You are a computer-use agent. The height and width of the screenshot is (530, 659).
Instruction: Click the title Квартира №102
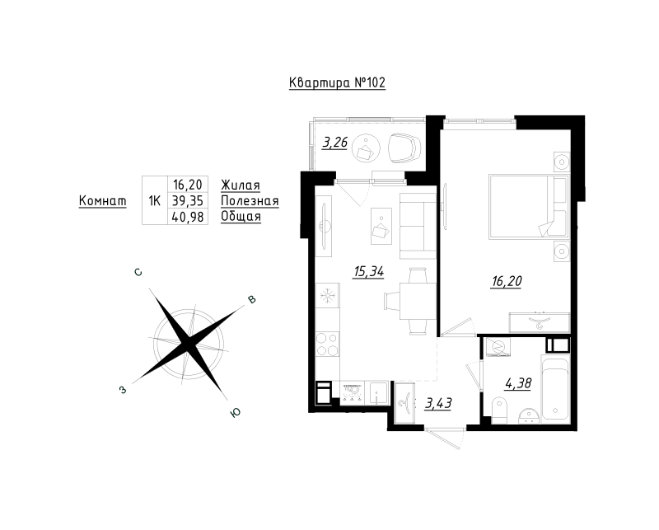point(337,83)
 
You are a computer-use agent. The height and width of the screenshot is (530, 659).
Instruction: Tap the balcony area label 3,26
point(334,143)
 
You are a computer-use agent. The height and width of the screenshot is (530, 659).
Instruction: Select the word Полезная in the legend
point(250,200)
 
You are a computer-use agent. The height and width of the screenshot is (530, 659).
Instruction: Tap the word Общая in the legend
point(241,217)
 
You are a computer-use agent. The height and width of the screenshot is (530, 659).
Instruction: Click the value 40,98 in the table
point(189,217)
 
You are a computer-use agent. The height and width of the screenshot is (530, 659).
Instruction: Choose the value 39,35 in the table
point(189,200)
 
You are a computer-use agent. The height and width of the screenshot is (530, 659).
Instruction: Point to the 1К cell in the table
point(153,200)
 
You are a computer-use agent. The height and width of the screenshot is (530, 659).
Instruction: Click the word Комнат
point(102,200)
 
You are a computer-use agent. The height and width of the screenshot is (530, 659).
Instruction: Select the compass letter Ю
point(235,415)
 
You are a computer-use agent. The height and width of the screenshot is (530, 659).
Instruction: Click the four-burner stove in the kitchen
point(328,341)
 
